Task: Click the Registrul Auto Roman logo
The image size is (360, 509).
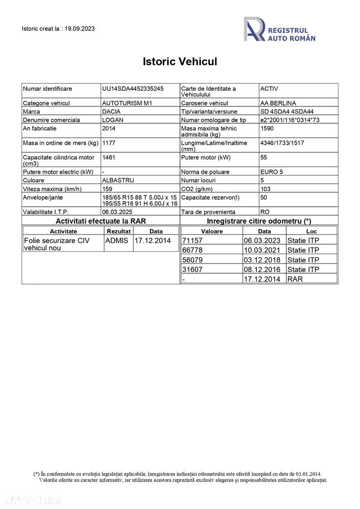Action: tap(279, 29)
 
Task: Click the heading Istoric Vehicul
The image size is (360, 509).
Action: tap(180, 62)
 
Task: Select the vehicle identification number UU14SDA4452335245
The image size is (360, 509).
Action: tap(133, 89)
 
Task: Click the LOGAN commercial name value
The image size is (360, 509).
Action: tap(112, 120)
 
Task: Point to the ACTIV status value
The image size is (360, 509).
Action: tap(269, 89)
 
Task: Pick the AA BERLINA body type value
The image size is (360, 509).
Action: tap(278, 103)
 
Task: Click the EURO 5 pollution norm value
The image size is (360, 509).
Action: tap(272, 172)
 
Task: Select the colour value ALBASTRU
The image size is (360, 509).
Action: tap(118, 180)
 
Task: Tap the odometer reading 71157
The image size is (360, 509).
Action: tap(192, 240)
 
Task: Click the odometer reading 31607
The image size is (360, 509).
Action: tap(192, 270)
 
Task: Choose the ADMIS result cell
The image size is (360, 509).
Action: tap(117, 240)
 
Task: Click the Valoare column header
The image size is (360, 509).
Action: tap(212, 231)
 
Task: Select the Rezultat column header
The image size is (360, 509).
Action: tap(119, 231)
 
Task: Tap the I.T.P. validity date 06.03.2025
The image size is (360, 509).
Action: tap(118, 211)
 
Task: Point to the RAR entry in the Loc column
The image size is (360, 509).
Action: tap(295, 279)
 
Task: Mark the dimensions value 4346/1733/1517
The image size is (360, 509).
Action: tap(282, 143)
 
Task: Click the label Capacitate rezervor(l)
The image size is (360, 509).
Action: tap(210, 197)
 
